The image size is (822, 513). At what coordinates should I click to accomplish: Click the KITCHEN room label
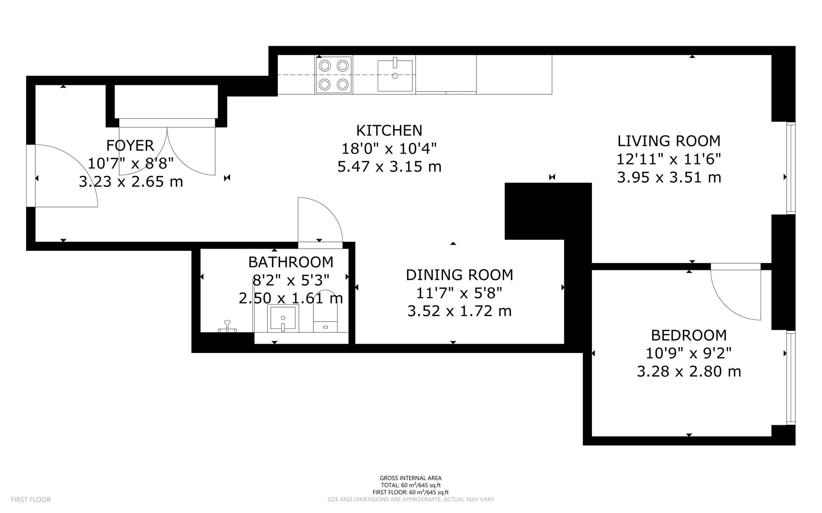pos(389,131)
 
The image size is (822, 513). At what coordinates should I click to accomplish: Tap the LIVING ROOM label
pos(669,141)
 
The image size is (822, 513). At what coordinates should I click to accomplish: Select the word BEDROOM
pos(689,335)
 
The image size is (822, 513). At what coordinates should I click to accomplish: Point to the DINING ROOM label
pos(459,275)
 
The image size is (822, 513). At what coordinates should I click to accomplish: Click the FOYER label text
pos(130,145)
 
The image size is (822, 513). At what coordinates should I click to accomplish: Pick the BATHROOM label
pos(291,262)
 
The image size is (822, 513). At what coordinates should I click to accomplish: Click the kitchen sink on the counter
pos(395,75)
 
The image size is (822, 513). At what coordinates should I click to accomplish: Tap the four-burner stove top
pos(333,75)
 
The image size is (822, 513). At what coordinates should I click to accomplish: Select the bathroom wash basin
pos(283,318)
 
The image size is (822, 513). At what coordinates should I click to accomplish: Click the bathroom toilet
pos(325,313)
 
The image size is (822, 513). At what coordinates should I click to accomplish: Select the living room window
pos(790,168)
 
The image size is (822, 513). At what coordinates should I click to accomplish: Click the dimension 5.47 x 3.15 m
pos(389,166)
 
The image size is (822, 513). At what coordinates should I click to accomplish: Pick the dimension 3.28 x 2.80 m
pos(689,371)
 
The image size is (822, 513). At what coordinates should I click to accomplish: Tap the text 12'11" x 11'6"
pos(669,159)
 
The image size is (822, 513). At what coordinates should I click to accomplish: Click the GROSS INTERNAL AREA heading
pos(411,478)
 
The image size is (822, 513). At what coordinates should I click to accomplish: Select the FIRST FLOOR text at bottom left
pos(31,500)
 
